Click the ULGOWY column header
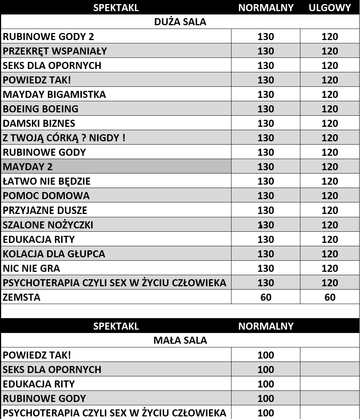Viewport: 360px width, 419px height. (x=330, y=8)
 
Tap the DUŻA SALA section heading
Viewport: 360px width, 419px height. (x=180, y=22)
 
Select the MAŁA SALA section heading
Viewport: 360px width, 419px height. (x=180, y=340)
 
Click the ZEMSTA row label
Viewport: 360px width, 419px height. (x=21, y=297)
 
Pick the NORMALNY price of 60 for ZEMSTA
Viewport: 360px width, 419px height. (x=266, y=297)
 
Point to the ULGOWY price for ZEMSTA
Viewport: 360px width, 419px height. (x=330, y=297)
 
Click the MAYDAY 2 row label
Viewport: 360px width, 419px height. (x=28, y=167)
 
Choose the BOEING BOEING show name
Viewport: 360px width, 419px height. (x=41, y=109)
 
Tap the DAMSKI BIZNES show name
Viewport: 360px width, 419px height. (x=39, y=123)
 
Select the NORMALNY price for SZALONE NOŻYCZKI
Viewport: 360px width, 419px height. (x=266, y=225)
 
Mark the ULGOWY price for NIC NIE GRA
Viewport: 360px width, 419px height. (x=330, y=268)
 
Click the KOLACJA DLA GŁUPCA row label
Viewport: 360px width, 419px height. (x=54, y=254)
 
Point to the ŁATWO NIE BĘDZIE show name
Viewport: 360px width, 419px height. (x=47, y=181)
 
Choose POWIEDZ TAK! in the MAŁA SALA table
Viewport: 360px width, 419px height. (x=37, y=355)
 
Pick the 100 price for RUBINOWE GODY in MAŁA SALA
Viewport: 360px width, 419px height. (x=266, y=399)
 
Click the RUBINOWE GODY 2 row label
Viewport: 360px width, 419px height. (x=49, y=37)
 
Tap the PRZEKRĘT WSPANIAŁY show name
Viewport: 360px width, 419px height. (x=55, y=51)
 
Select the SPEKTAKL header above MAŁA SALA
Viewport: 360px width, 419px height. (x=116, y=326)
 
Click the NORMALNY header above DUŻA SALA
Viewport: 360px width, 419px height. (x=266, y=8)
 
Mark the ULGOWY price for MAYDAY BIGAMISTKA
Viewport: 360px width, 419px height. (x=330, y=95)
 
